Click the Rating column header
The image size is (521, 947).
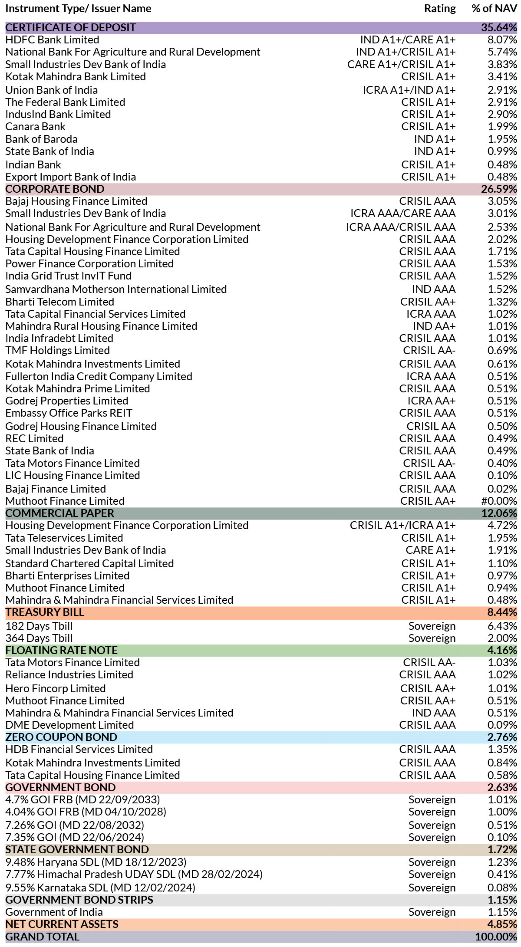point(440,9)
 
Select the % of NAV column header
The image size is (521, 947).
point(494,9)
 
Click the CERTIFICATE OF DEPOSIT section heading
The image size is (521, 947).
point(70,27)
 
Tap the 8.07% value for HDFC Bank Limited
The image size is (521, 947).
point(502,40)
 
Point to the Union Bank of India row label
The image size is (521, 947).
point(51,90)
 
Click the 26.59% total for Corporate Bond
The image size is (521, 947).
point(499,189)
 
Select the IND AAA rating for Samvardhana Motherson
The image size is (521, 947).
point(434,289)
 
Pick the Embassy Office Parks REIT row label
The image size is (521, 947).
point(69,413)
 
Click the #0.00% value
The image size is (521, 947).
point(499,501)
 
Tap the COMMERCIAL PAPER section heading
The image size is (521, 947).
point(59,513)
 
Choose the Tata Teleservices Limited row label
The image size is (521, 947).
point(64,538)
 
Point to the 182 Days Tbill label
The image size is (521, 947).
point(39,626)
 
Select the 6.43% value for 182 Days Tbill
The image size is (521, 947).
point(502,626)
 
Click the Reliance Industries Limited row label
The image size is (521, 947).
point(69,675)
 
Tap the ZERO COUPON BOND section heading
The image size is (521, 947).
point(61,737)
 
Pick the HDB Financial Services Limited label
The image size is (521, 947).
point(79,750)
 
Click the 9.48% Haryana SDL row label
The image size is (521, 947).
point(96,862)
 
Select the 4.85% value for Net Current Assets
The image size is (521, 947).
point(502,924)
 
